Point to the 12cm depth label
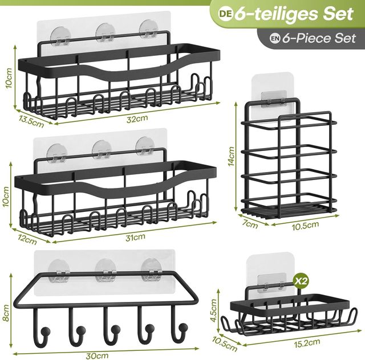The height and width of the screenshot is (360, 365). coord(27,239)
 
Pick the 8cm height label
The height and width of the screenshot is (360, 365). coord(6,313)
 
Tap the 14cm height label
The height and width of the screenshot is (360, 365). coord(232,156)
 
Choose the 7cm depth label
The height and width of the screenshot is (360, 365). coord(249,224)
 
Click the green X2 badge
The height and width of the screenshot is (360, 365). coord(301,281)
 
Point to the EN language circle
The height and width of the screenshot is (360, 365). coord(275,38)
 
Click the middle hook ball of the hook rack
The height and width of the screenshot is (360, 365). coord(115,329)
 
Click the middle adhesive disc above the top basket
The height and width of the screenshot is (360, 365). coord(106,31)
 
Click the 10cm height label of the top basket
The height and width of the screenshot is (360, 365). coord(9,78)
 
